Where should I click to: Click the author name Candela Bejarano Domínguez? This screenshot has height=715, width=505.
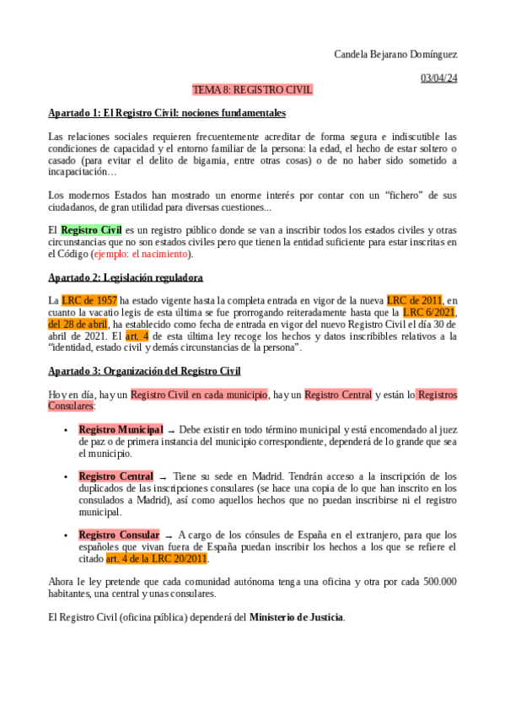click(395, 55)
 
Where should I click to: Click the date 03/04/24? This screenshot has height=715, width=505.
click(438, 78)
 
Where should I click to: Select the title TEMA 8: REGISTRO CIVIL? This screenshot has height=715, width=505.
click(253, 89)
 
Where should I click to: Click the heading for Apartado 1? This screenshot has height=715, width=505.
click(167, 113)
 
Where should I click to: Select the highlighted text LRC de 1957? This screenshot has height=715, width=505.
click(89, 300)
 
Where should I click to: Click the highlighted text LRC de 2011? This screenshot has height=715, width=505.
click(414, 300)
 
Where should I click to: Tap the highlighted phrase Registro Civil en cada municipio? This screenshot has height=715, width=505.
click(199, 394)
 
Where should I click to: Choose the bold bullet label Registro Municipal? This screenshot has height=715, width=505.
click(121, 429)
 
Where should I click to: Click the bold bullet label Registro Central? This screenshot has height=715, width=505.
click(116, 476)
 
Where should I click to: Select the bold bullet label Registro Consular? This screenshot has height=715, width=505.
click(119, 535)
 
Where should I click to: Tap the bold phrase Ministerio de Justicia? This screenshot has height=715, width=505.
click(296, 617)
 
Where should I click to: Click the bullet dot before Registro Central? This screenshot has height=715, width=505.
click(67, 477)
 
